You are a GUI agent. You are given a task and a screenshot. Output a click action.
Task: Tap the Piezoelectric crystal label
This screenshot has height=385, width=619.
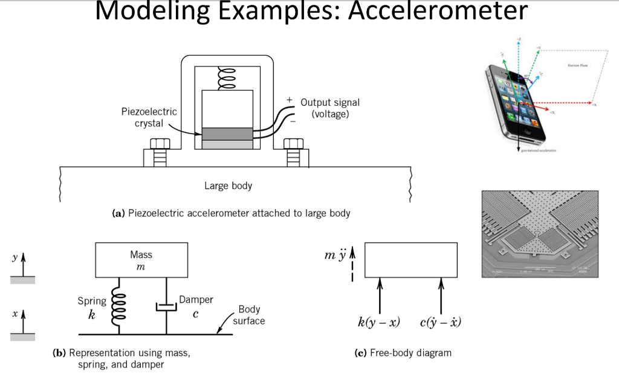149,117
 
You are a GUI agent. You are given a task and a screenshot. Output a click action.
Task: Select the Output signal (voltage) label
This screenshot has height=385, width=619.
329,108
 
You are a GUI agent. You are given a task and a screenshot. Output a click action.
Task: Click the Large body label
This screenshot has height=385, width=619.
228,186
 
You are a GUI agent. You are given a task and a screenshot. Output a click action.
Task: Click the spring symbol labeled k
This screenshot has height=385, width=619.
118,305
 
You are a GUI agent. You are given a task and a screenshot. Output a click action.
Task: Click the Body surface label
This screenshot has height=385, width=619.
249,315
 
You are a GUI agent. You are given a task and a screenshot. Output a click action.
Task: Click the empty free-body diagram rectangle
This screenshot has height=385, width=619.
410,260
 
